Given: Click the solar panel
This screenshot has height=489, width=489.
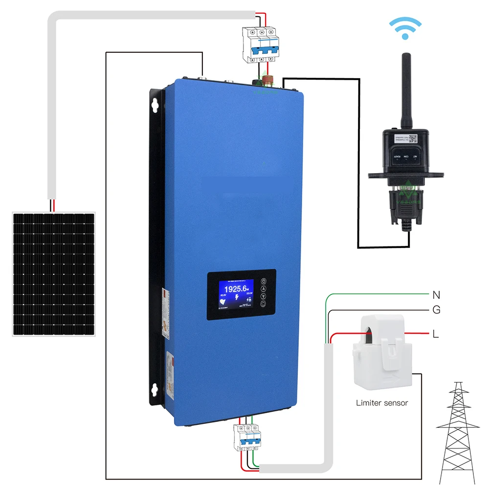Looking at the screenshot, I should pyautogui.click(x=54, y=274).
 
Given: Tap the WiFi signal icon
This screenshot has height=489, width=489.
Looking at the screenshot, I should pyautogui.click(x=404, y=29).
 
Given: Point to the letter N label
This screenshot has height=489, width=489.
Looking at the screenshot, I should pyautogui.click(x=436, y=295).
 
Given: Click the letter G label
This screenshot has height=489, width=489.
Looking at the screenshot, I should pyautogui.click(x=436, y=310).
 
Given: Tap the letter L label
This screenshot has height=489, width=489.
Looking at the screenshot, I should pyautogui.click(x=435, y=334).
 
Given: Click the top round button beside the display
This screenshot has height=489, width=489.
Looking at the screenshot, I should pyautogui.click(x=264, y=282).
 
